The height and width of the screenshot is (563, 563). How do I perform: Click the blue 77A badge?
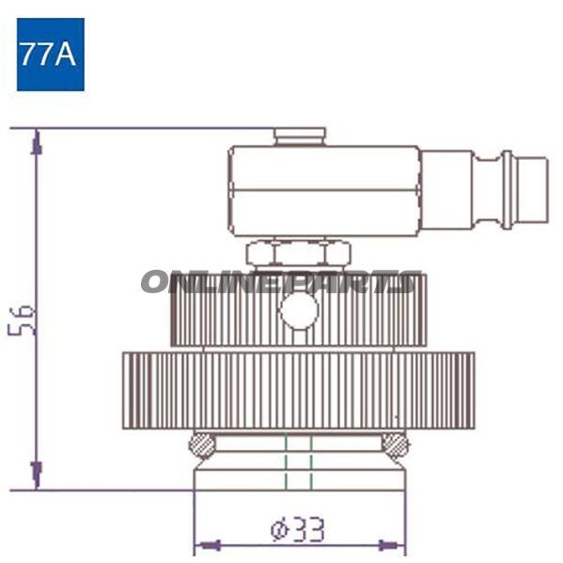tap(51, 55)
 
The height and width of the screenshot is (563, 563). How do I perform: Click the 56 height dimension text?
tap(22, 321)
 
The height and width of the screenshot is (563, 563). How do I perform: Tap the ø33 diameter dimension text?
tap(298, 529)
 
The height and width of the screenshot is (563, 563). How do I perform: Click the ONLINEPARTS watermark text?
tap(281, 282)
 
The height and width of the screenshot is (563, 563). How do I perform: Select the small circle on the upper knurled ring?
tap(299, 310)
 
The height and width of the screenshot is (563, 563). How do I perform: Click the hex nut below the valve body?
tap(299, 253)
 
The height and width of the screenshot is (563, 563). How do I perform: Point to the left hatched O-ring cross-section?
tap(202, 446)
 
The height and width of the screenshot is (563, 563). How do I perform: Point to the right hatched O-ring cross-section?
tap(395, 446)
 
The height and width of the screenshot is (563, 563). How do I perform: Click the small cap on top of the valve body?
tap(300, 137)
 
